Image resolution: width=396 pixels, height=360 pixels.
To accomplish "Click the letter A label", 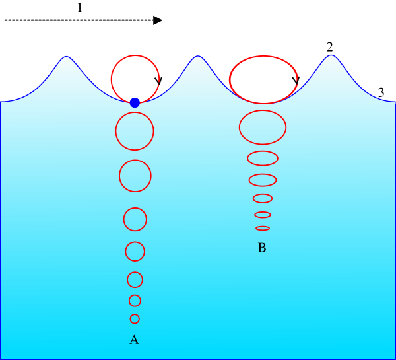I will coord(134,340).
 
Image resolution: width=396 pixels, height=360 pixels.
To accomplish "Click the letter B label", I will coord(262,248).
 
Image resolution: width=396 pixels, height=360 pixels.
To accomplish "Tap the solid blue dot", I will coord(135,102).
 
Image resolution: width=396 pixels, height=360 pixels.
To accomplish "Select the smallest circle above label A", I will coord(135,319).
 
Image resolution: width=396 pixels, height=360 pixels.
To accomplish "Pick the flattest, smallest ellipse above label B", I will coord(263,228).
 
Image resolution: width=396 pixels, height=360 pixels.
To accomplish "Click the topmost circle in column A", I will coord(135,79).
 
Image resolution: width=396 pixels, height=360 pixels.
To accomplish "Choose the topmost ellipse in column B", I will coord(263,80).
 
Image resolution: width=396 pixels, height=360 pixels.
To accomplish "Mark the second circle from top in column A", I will coord(135,131).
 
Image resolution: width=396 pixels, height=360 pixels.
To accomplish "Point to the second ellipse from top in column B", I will coord(263,127).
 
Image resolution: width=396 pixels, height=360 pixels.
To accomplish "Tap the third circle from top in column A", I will coord(135,176).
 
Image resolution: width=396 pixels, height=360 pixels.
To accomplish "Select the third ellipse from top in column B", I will coord(263,159).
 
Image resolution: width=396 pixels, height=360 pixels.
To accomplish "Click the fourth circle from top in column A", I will coord(135,219).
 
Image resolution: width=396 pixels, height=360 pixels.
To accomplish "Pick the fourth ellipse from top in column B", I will coord(263,180).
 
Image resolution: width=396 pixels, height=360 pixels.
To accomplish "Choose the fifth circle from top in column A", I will coord(135,252).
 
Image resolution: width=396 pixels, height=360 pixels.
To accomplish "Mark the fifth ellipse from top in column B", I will coord(263,198).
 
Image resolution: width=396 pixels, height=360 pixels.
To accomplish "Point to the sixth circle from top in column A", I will coord(135,280).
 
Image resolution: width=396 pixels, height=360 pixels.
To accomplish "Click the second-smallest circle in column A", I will coord(135,301).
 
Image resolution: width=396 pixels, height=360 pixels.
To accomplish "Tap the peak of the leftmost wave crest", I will coord(66,57).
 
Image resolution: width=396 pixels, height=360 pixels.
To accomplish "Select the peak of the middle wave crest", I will coord(198,57).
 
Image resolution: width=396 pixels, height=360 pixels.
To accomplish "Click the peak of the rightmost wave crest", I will coord(331,55).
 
